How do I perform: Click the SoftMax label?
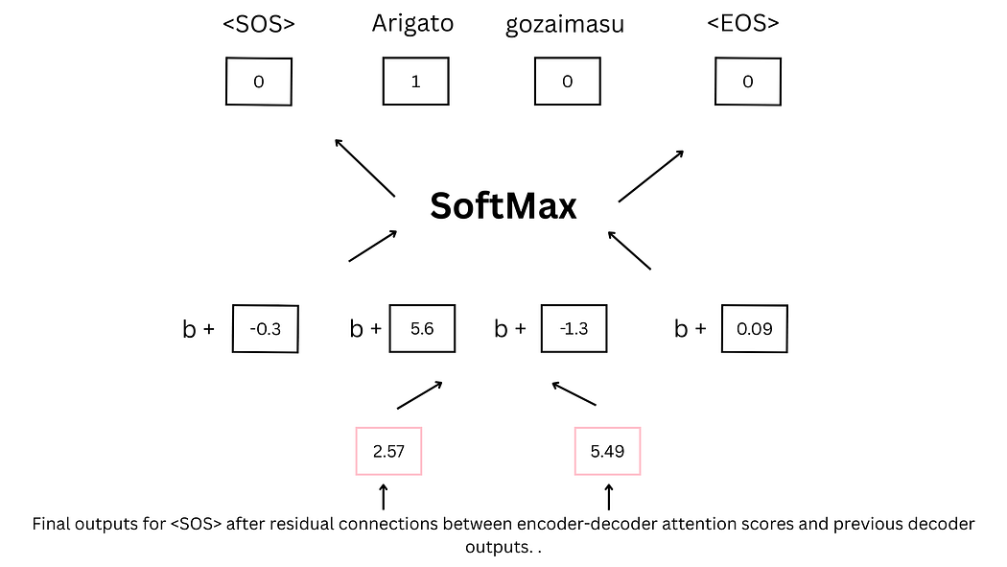tap(503, 205)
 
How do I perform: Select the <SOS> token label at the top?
tap(258, 25)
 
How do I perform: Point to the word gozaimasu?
tap(565, 26)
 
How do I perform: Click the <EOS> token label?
tap(743, 25)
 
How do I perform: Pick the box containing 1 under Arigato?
tap(415, 82)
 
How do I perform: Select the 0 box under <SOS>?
tap(259, 82)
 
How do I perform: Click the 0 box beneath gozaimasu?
tap(567, 82)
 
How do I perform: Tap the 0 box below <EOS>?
tap(747, 82)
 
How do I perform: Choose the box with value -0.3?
tap(266, 329)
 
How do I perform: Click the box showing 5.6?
tap(422, 329)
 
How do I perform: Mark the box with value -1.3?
tap(574, 329)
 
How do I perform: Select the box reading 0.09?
tap(754, 329)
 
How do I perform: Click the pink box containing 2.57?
tap(388, 451)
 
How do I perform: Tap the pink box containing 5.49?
tap(607, 451)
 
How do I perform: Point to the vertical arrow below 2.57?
tap(384, 496)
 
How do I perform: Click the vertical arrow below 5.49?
tap(608, 496)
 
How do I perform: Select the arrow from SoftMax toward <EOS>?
tap(651, 176)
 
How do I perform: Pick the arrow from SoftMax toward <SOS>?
tap(364, 168)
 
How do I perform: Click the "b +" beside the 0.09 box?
tap(691, 329)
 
